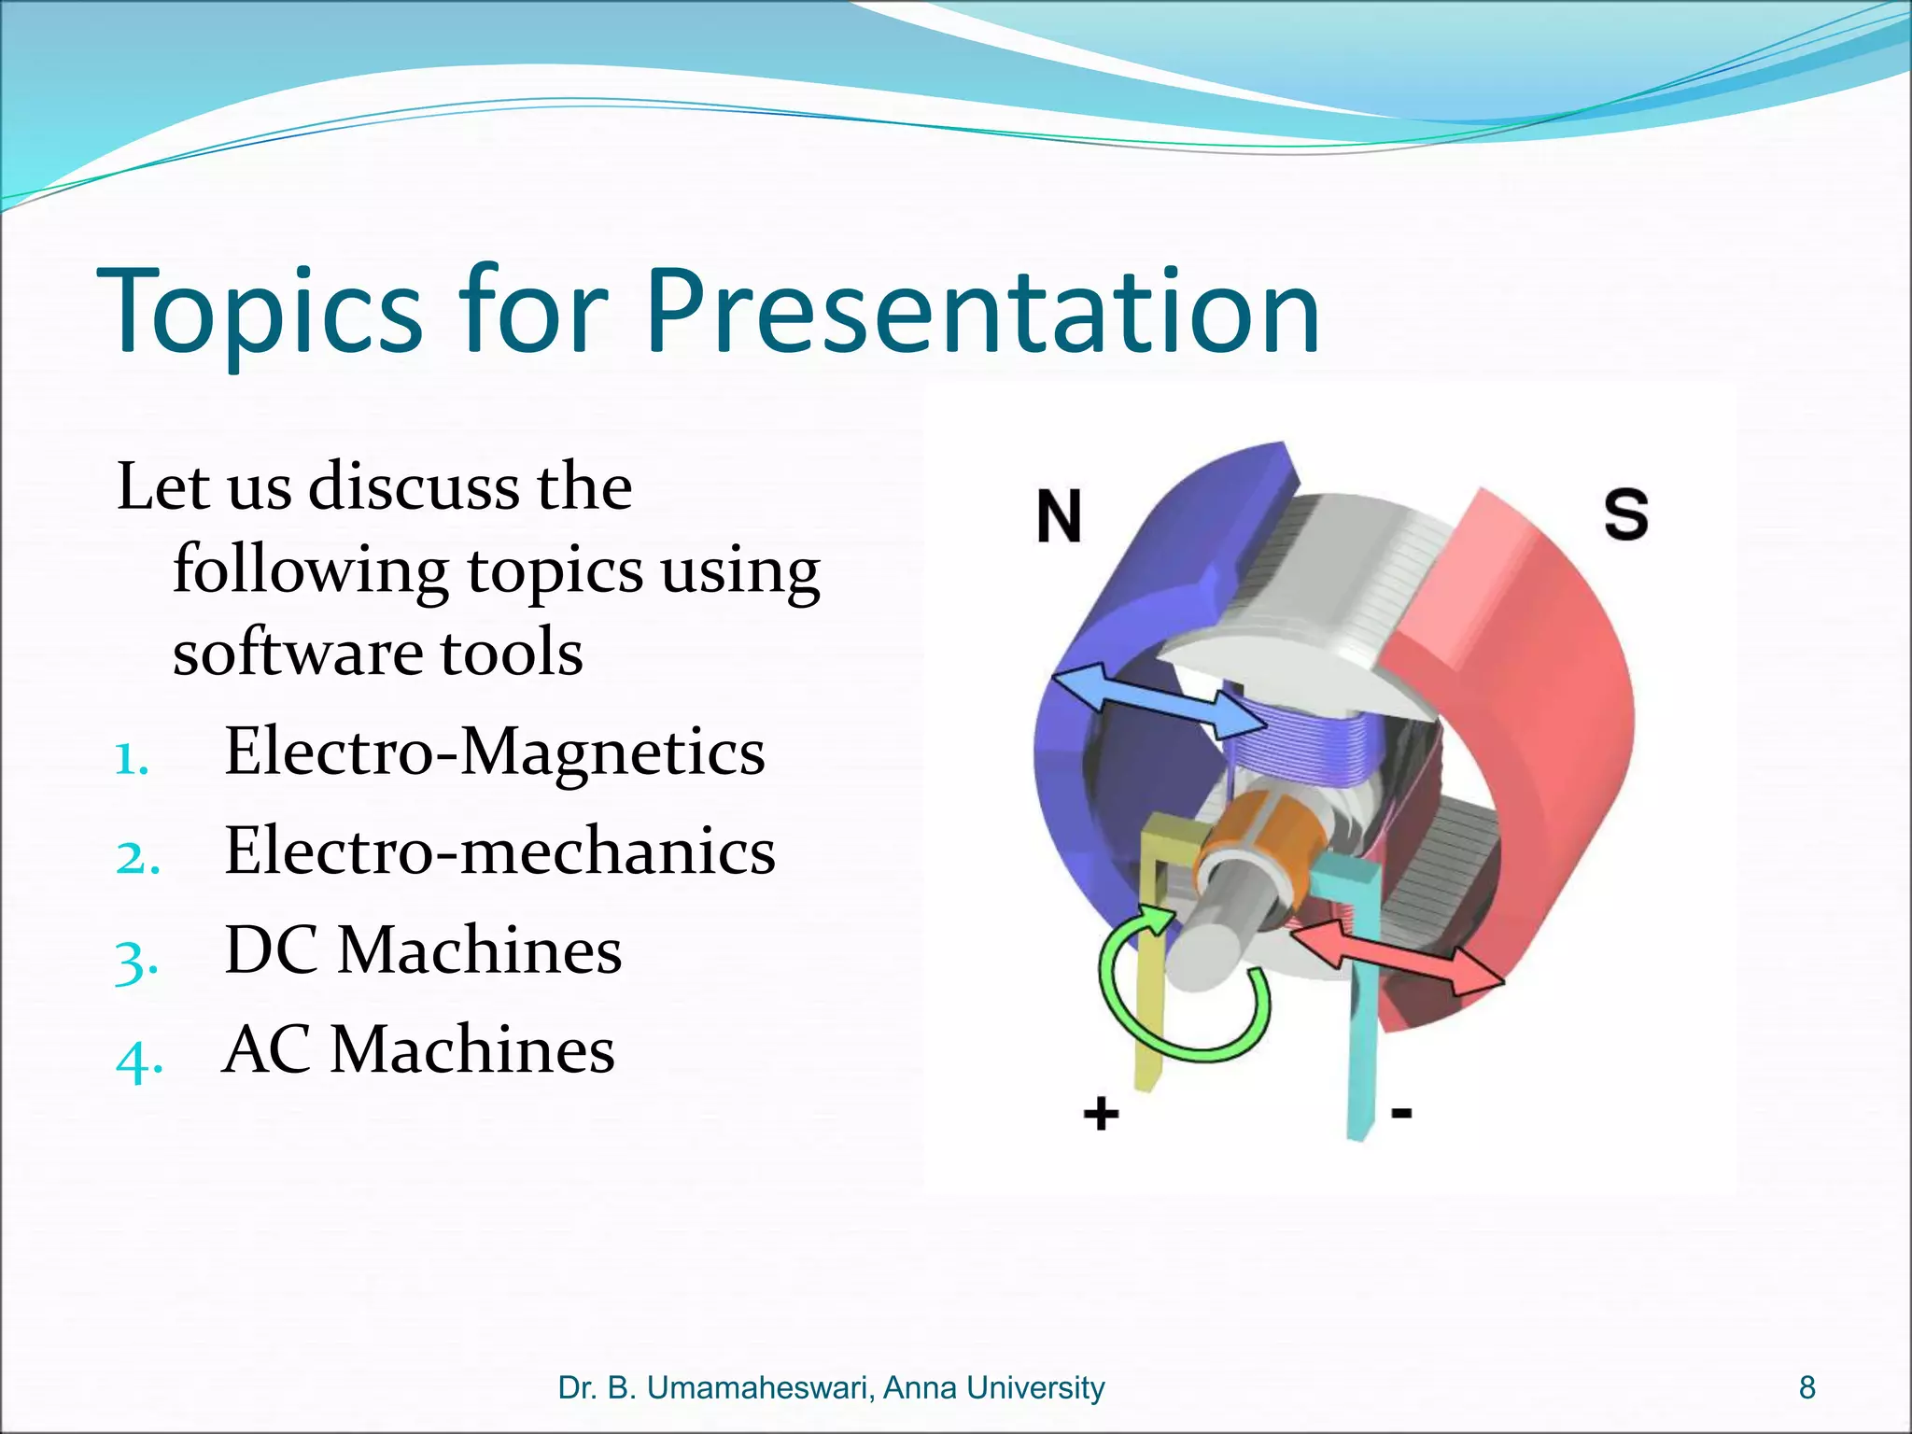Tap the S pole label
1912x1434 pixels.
point(1625,513)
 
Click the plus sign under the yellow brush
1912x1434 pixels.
point(1101,1113)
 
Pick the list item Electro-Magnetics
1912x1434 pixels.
point(494,752)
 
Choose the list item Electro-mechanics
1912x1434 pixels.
point(499,851)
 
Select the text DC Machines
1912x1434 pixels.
point(423,950)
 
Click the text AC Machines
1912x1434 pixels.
point(418,1049)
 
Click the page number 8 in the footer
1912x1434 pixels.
point(1807,1388)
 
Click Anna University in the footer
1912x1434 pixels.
point(993,1388)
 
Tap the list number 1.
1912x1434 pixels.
point(132,759)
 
